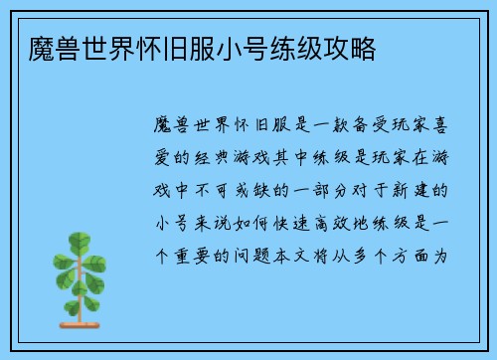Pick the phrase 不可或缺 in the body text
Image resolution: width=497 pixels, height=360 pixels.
239,188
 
